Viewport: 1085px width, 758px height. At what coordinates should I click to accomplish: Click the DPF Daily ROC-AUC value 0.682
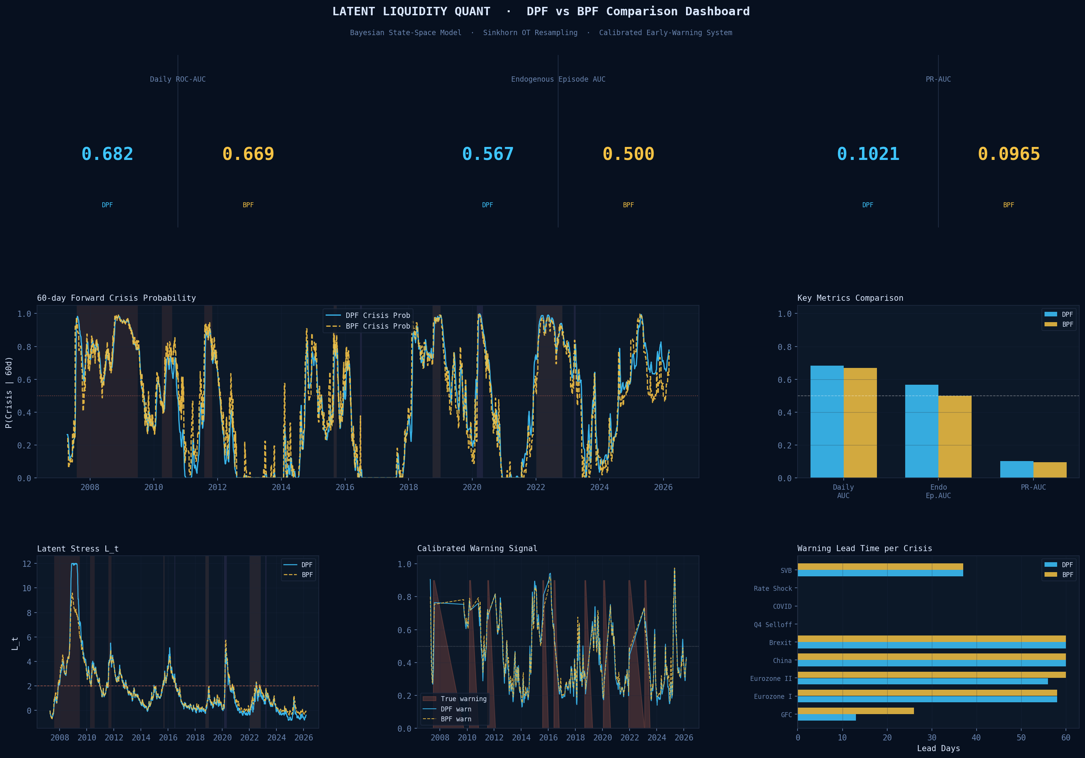(107, 154)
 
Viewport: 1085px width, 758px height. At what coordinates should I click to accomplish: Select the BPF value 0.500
(628, 154)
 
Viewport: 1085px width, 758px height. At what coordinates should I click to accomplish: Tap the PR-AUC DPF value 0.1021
(868, 154)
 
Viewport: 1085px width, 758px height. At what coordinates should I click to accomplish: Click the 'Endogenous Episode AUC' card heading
(558, 79)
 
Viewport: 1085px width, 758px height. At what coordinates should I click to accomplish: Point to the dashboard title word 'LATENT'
(354, 11)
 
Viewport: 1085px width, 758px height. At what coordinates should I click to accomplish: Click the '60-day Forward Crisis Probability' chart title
(116, 298)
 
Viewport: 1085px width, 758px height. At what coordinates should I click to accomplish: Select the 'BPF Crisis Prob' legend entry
(377, 326)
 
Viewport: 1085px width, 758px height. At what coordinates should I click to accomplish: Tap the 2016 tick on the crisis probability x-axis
(344, 487)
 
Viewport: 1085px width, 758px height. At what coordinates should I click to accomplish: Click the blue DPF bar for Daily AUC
(827, 421)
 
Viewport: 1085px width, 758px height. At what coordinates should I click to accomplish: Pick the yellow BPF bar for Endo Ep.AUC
(954, 437)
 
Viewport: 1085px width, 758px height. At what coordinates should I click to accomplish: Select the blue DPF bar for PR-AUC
(1017, 469)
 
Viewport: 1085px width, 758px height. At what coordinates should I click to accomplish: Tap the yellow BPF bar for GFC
(855, 711)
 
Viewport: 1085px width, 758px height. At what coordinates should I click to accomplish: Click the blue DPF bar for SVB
(880, 573)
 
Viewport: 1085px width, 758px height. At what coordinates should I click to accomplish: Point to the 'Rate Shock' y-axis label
(773, 589)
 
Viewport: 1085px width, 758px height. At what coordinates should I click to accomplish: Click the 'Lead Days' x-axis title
(938, 748)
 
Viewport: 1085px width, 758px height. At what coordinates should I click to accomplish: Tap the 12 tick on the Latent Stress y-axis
(27, 564)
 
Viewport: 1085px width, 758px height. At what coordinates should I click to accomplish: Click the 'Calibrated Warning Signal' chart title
(477, 548)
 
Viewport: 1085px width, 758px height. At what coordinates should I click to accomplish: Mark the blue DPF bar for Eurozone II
(922, 681)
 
